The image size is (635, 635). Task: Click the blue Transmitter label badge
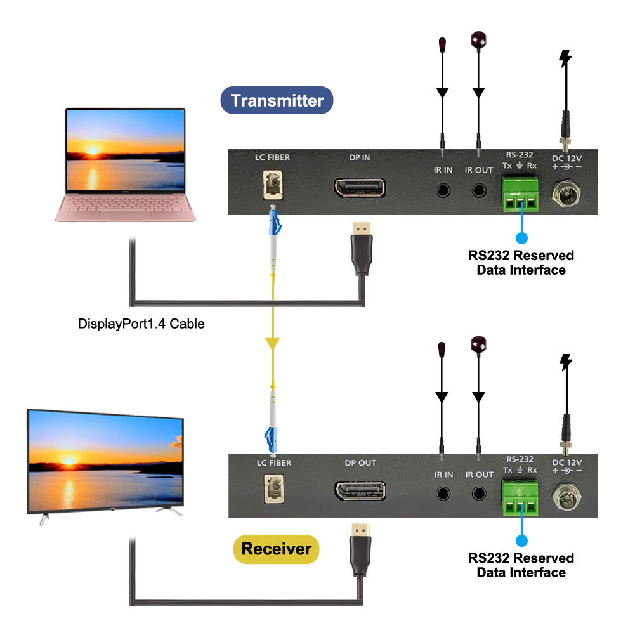(277, 100)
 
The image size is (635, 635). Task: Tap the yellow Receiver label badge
(276, 549)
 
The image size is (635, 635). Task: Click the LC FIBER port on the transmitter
(271, 188)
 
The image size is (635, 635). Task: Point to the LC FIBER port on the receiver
(271, 492)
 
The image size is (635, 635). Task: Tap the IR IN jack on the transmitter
(443, 190)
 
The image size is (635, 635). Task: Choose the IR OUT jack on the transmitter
(478, 190)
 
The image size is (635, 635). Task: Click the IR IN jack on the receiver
(443, 494)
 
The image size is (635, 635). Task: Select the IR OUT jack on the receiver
(478, 494)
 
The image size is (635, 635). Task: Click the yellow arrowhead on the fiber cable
(272, 343)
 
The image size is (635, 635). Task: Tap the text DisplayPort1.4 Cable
(141, 324)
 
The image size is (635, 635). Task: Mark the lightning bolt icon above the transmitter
(564, 60)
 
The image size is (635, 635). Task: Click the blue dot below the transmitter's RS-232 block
(521, 239)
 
